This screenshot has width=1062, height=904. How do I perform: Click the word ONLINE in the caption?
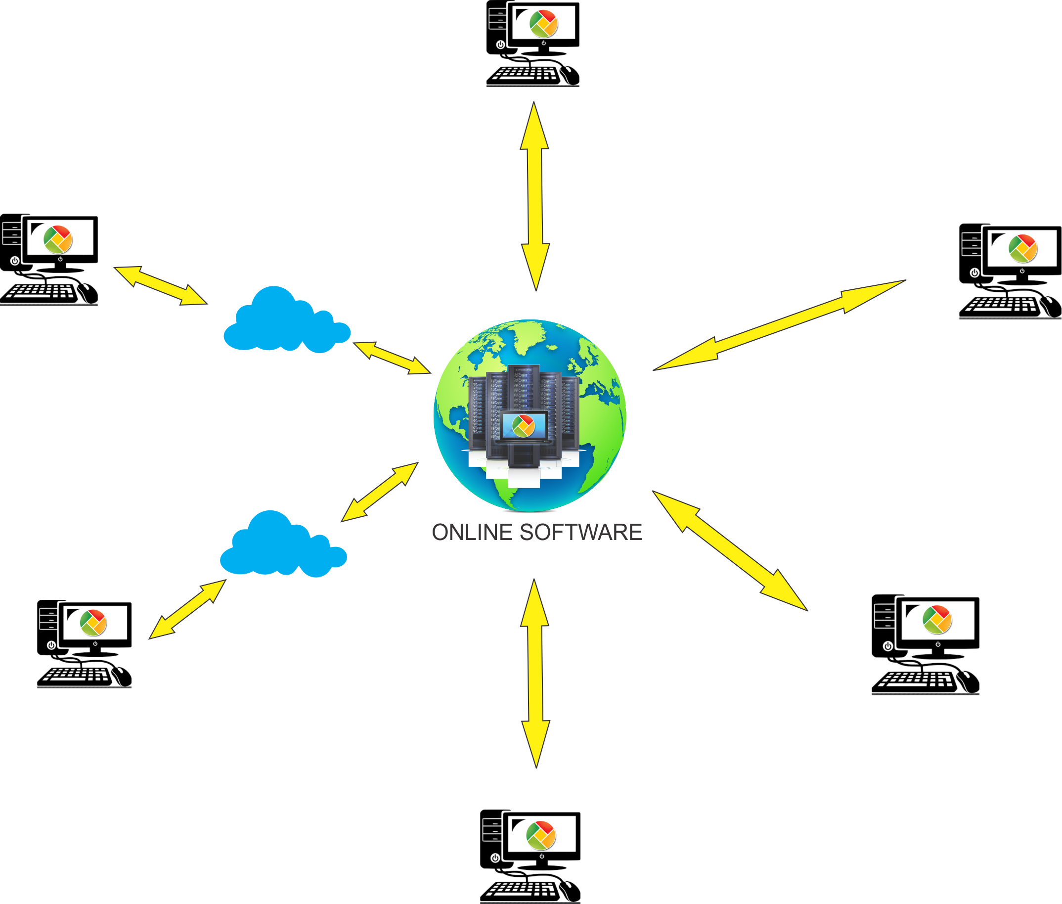coord(472,533)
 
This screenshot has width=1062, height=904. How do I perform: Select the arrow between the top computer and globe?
coord(535,196)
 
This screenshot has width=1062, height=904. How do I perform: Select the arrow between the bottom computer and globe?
coord(535,674)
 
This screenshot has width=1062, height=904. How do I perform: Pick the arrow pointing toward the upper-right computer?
coord(779,325)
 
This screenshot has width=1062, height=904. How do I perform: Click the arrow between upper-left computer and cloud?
coord(160,285)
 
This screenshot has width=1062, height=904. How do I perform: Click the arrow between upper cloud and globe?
coord(392,358)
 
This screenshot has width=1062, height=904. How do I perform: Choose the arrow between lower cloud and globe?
coord(380,492)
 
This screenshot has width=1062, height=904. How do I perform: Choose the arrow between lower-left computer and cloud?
coord(187,609)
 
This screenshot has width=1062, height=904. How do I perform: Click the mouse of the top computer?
coord(570,75)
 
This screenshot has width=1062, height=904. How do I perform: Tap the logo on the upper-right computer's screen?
coord(1022,248)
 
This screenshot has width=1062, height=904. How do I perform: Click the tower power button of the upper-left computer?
coord(15,260)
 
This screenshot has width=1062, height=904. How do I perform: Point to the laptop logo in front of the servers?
coord(523,425)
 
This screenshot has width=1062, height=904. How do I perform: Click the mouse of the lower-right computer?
coord(968,681)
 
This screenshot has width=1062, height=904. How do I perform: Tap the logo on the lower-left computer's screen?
coord(93,623)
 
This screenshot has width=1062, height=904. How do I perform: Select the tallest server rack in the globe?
coord(524,390)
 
